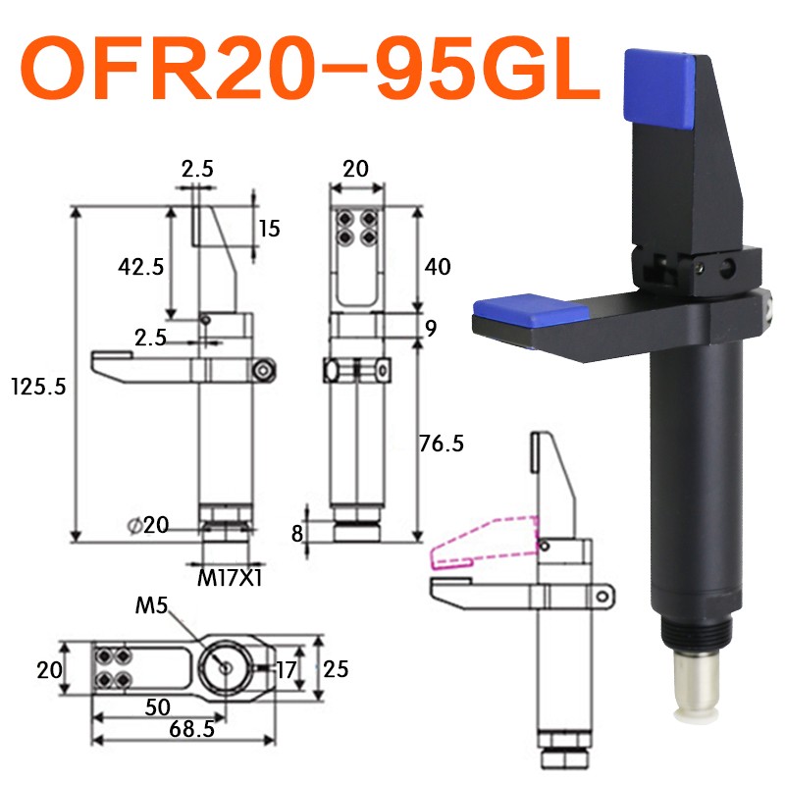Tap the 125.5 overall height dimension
tap(37, 386)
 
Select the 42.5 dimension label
tap(139, 266)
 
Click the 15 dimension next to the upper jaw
tap(269, 229)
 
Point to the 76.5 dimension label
tap(440, 444)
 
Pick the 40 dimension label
tap(438, 266)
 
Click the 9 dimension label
tap(429, 328)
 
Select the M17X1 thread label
tap(229, 578)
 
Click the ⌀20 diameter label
tap(148, 525)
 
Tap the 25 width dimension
tap(337, 669)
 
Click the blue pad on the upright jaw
tap(659, 90)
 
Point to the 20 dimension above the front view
tap(355, 169)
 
